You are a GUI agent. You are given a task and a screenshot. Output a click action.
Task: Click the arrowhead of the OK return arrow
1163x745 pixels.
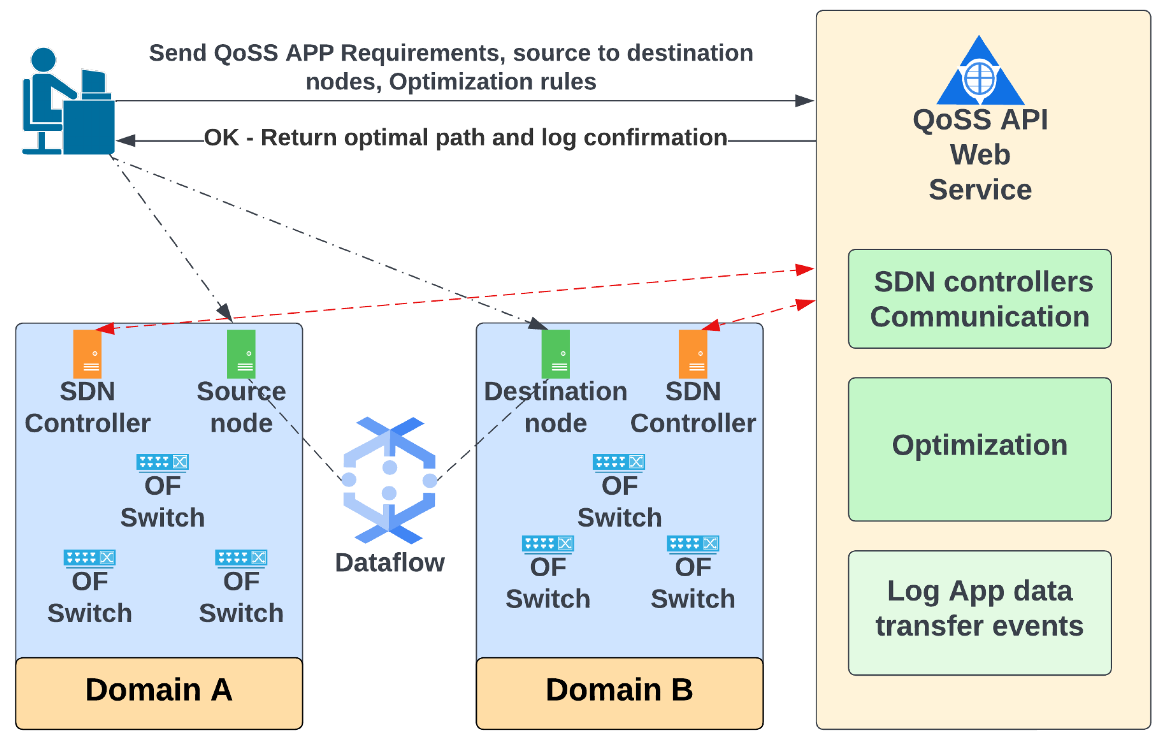click(125, 141)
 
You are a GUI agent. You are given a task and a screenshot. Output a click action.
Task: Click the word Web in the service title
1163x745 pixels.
click(980, 155)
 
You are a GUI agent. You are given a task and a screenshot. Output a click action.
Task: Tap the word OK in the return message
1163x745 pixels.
click(221, 138)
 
